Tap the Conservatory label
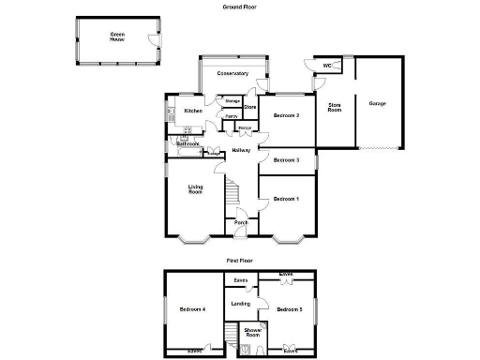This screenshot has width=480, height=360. click(x=232, y=73)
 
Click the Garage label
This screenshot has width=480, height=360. click(x=378, y=103)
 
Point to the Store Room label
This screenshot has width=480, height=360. click(x=334, y=107)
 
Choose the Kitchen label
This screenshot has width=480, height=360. click(x=193, y=111)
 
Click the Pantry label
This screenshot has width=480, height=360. click(x=231, y=116)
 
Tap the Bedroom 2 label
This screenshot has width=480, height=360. click(x=286, y=115)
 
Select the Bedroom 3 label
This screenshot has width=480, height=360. click(x=286, y=160)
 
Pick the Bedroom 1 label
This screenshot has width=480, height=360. click(x=286, y=200)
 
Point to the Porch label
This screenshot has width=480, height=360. click(x=240, y=222)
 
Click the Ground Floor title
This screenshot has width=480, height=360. click(x=241, y=7)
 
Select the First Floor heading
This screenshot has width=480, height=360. click(x=240, y=260)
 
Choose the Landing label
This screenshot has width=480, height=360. click(x=240, y=303)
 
